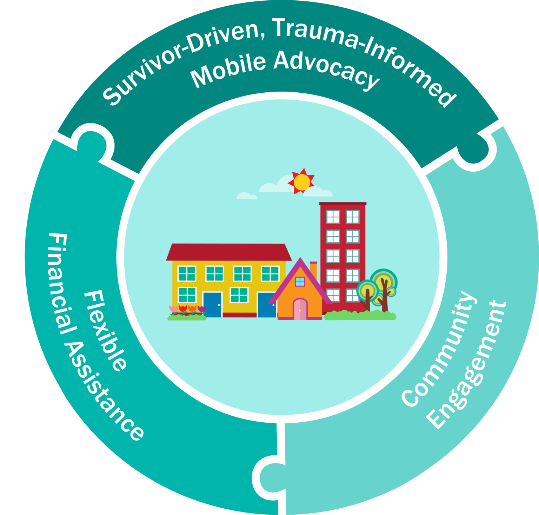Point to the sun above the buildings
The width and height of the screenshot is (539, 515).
click(301, 181)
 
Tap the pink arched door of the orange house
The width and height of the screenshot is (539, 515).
click(300, 309)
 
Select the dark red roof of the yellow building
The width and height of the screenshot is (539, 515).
click(229, 252)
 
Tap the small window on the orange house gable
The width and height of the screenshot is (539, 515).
click(300, 281)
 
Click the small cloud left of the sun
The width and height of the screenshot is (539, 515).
click(246, 196)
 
